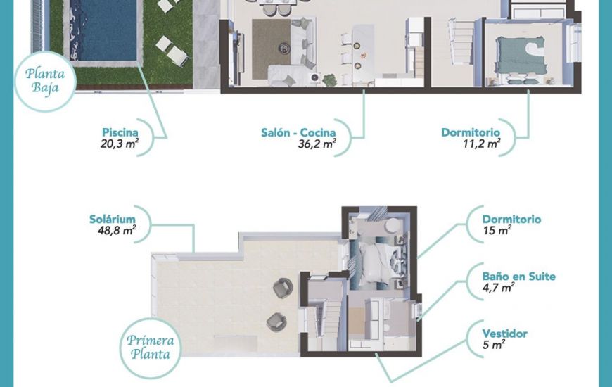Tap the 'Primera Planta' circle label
tap(151, 347)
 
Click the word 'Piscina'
tap(120, 132)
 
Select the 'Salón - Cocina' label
tap(298, 132)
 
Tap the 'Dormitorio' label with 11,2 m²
tap(471, 132)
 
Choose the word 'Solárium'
tap(113, 219)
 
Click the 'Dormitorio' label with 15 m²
tap(511, 219)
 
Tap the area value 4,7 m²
tap(498, 288)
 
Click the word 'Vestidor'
tap(505, 334)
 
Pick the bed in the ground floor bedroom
tap(523, 53)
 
